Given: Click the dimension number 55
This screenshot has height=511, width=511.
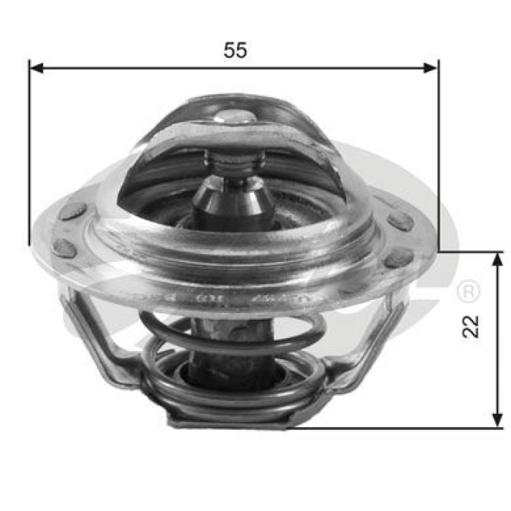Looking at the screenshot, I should pyautogui.click(x=235, y=50).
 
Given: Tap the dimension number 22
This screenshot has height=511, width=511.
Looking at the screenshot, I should pyautogui.click(x=473, y=326).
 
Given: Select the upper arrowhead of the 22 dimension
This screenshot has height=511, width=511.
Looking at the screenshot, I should pyautogui.click(x=498, y=258).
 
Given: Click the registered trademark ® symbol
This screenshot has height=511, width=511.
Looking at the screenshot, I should pyautogui.click(x=467, y=293).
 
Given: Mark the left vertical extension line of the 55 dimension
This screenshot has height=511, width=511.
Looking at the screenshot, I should pyautogui.click(x=29, y=161).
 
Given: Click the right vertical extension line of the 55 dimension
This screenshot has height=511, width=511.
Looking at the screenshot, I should pyautogui.click(x=438, y=161).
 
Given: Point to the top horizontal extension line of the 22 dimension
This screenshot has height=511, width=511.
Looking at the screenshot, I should pyautogui.click(x=471, y=252).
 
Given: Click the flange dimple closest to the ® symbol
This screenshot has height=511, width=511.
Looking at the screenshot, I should pyautogui.click(x=398, y=258).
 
